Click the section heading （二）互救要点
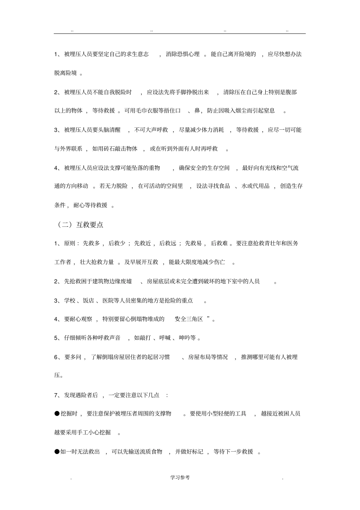(x=80, y=224)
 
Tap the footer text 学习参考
(x=180, y=477)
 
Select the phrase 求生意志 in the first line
(x=137, y=54)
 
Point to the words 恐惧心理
(x=188, y=54)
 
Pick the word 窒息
(x=269, y=111)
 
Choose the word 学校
(x=70, y=300)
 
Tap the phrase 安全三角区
(x=189, y=319)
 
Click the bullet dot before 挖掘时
(x=57, y=413)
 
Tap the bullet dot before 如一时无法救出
(x=57, y=451)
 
